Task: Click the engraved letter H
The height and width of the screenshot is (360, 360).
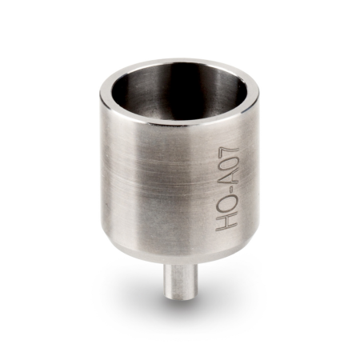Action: (226, 222)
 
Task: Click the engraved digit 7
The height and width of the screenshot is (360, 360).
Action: (229, 152)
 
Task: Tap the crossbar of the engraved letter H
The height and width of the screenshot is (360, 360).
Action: (226, 222)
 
